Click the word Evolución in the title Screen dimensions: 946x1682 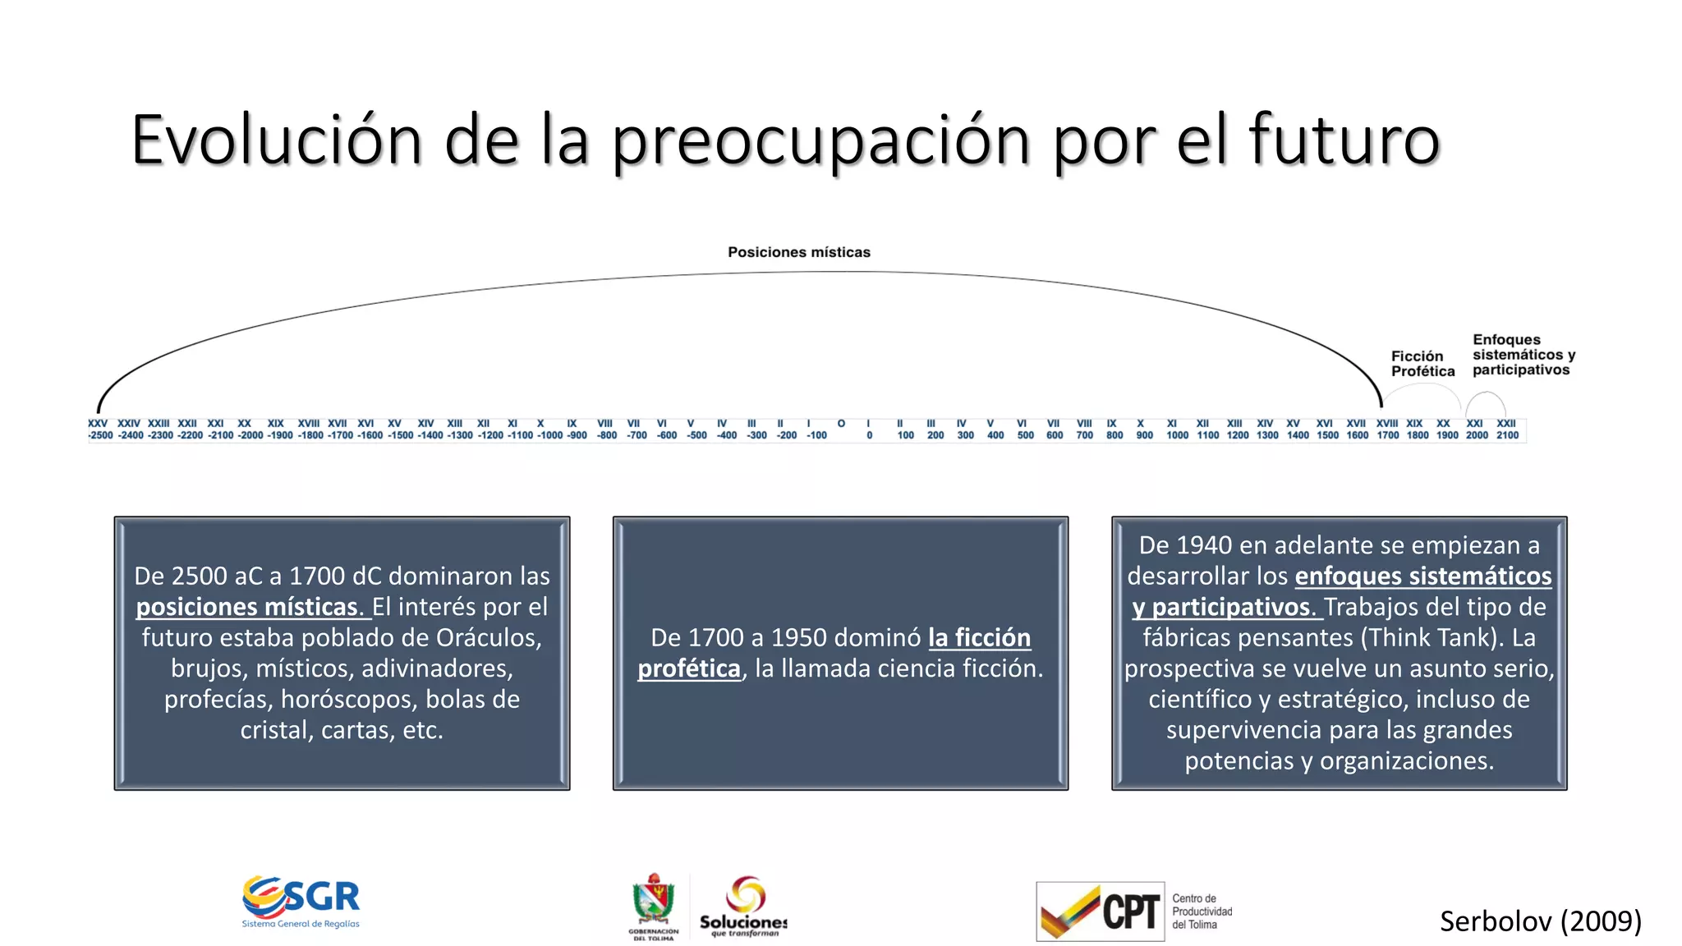tap(276, 140)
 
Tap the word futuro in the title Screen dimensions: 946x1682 tap(1344, 140)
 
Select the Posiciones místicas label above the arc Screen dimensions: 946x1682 tap(798, 252)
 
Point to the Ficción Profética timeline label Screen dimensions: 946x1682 tap(1422, 364)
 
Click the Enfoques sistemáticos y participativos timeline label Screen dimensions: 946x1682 tap(1523, 355)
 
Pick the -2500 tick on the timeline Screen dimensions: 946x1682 tap(100, 435)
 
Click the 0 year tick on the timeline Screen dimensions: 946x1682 tap(869, 435)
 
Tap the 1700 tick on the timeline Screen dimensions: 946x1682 tap(1387, 435)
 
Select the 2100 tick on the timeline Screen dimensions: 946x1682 tap(1507, 435)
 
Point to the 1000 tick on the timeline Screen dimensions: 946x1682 tap(1177, 435)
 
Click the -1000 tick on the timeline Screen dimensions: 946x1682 tap(549, 435)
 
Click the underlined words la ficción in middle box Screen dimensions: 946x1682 tap(979, 637)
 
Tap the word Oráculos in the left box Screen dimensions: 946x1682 tap(488, 637)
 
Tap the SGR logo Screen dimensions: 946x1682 tap(301, 901)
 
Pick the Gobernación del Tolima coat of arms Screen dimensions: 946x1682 tap(654, 903)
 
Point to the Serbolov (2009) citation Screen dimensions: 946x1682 tap(1540, 921)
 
